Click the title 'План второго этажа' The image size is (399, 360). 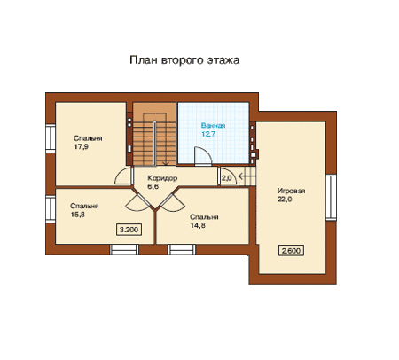point(184,60)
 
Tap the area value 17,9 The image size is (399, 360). point(82,146)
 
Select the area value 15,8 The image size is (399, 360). point(78,215)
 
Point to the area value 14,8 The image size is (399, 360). point(198,225)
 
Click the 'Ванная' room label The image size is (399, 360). point(213,126)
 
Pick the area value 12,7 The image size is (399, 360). point(208,134)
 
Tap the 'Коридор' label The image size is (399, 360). point(162,178)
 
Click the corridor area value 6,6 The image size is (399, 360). point(153,186)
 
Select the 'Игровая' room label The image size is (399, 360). point(291,191)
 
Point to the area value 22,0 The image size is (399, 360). point(285,200)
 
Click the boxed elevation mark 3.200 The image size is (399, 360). point(129,230)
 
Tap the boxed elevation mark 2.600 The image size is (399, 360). point(292,251)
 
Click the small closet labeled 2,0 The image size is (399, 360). point(228,176)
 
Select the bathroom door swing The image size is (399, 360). point(203,154)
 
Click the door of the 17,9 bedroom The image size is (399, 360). point(123,176)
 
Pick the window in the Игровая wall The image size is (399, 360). point(332,198)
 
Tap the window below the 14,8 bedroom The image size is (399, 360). point(182,249)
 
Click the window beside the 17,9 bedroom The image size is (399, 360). point(51,138)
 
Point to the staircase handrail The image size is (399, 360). point(154,143)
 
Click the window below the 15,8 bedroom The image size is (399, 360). point(124,249)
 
